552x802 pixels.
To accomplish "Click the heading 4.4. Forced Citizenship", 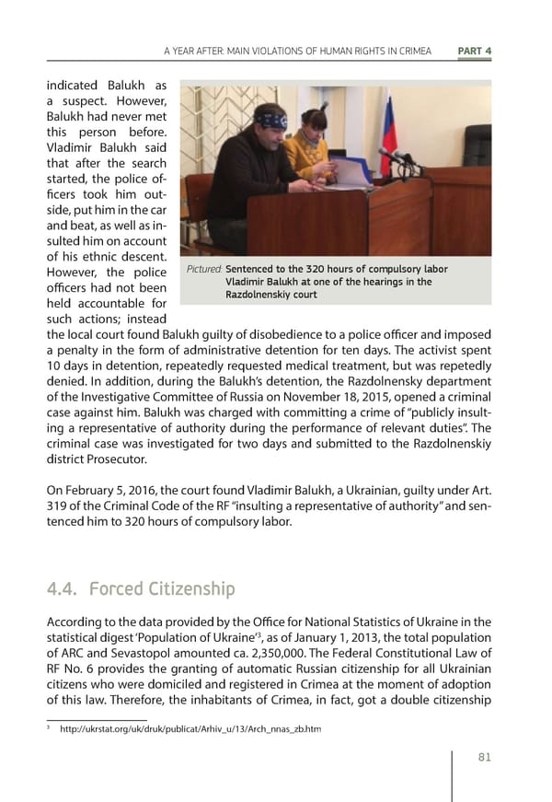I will pos(140,588).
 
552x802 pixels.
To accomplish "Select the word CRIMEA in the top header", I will pos(409,50).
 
